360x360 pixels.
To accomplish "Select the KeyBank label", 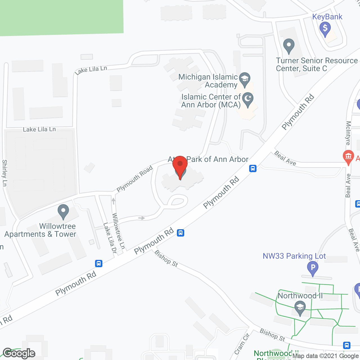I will pyautogui.click(x=327, y=17).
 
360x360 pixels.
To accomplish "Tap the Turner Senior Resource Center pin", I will pyautogui.click(x=289, y=46).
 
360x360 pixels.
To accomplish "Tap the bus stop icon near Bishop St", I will pyautogui.click(x=181, y=233).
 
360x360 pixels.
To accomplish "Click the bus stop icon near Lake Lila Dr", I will pyautogui.click(x=98, y=264).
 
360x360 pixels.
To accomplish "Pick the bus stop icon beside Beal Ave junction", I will pyautogui.click(x=253, y=168).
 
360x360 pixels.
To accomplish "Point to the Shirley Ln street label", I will pyautogui.click(x=4, y=173).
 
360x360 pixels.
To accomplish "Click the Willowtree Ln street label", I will pyautogui.click(x=118, y=231).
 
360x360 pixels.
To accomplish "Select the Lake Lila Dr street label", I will pyautogui.click(x=110, y=238).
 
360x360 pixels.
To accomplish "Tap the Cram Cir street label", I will pyautogui.click(x=242, y=344).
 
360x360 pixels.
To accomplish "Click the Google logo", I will pyautogui.click(x=19, y=353).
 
